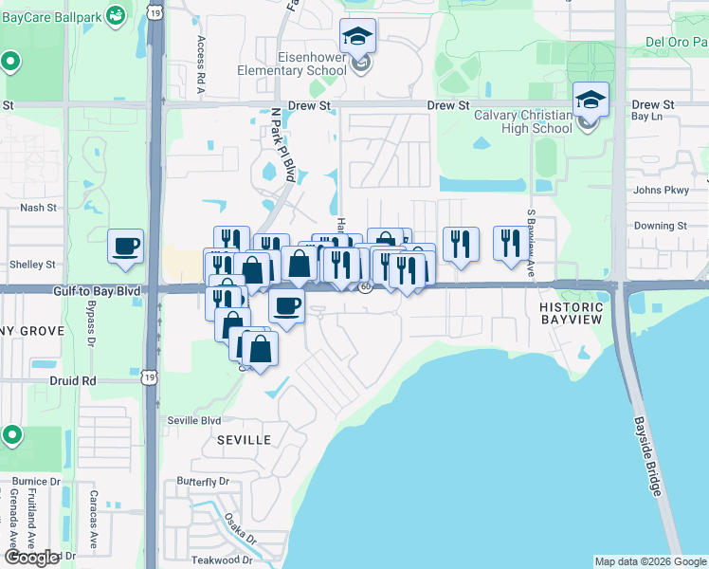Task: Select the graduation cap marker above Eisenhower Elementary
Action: [x=357, y=37]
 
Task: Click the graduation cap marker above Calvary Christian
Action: [x=590, y=100]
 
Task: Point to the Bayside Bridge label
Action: [x=652, y=456]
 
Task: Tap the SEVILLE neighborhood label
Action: [x=243, y=440]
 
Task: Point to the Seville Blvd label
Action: [x=195, y=420]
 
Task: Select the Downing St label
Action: [x=660, y=226]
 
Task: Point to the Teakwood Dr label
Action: [x=221, y=560]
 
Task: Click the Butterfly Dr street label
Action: [x=203, y=481]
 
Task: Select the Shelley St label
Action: [x=32, y=265]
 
